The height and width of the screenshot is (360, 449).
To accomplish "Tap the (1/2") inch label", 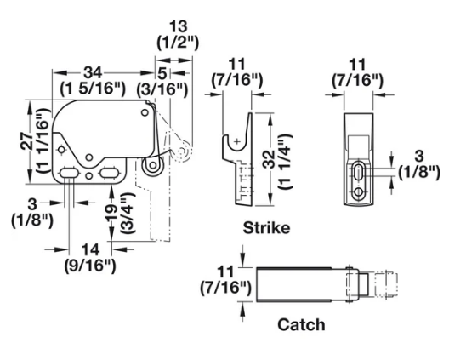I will [179, 41].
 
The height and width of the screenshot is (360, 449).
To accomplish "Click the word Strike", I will [266, 228].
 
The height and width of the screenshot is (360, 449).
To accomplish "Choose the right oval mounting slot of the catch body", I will [108, 174].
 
